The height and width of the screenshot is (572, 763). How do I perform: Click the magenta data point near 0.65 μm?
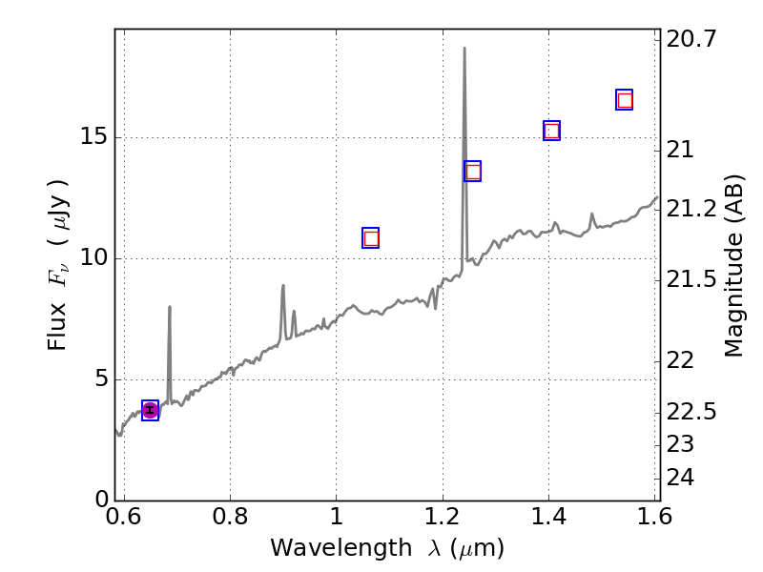tap(150, 410)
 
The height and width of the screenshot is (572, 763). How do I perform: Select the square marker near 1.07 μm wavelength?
tap(371, 238)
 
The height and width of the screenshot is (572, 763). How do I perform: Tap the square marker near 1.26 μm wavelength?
tap(473, 172)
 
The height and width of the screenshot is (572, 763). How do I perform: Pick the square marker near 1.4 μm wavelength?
tap(551, 131)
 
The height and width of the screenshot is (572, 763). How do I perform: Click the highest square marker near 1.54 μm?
tap(625, 100)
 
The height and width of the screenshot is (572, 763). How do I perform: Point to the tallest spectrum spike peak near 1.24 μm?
tap(464, 48)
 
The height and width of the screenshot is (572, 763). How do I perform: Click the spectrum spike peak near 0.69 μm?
tap(170, 307)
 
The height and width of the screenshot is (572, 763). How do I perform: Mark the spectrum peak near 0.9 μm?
tap(283, 285)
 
